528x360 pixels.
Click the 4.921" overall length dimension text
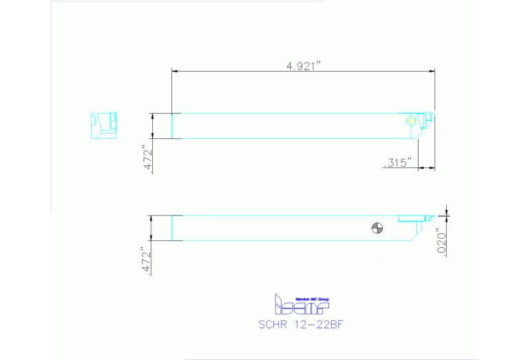[x=304, y=65]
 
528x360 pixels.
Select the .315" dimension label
[x=397, y=162]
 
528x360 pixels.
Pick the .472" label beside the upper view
[x=145, y=160]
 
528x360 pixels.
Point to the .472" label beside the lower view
[x=145, y=262]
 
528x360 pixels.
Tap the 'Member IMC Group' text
[x=312, y=298]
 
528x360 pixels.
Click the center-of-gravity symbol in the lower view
[x=377, y=229]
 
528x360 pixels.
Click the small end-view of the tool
[x=104, y=125]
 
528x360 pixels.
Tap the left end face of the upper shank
[x=171, y=126]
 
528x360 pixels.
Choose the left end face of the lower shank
[x=171, y=228]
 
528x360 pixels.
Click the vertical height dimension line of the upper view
[x=154, y=126]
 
